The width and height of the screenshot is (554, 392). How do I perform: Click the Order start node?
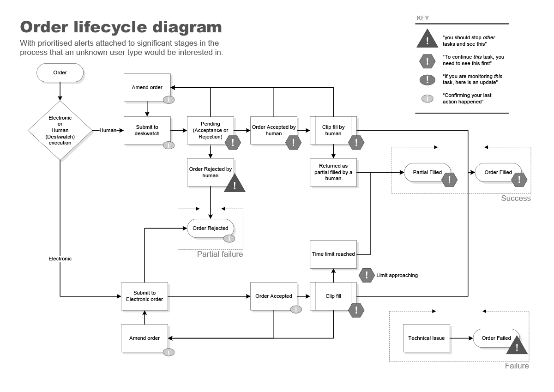[60, 73]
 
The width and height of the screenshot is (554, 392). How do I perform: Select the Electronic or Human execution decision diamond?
[60, 131]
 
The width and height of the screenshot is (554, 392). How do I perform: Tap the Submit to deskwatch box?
[147, 130]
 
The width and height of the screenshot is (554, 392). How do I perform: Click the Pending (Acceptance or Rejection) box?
[210, 130]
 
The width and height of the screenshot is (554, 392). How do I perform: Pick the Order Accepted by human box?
[273, 130]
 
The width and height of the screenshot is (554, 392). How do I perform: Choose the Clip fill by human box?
[333, 130]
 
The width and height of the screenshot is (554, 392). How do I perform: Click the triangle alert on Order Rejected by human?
[235, 184]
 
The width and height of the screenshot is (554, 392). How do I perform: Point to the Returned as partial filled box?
[333, 172]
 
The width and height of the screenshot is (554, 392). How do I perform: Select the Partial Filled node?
[427, 172]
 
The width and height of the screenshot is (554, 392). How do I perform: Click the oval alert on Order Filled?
[519, 179]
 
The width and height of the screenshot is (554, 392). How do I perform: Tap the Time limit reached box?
[333, 254]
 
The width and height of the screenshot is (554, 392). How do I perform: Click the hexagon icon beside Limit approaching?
[367, 275]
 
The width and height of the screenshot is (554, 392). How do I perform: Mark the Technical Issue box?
[426, 338]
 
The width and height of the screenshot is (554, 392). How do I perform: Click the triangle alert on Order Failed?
[517, 346]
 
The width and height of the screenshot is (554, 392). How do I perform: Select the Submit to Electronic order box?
[145, 296]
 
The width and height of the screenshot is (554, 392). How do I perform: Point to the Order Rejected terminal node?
[210, 228]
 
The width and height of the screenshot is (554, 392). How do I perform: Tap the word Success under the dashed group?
[516, 198]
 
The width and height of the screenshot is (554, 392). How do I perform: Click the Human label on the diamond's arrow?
[108, 131]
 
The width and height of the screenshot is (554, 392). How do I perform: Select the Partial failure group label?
[220, 254]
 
